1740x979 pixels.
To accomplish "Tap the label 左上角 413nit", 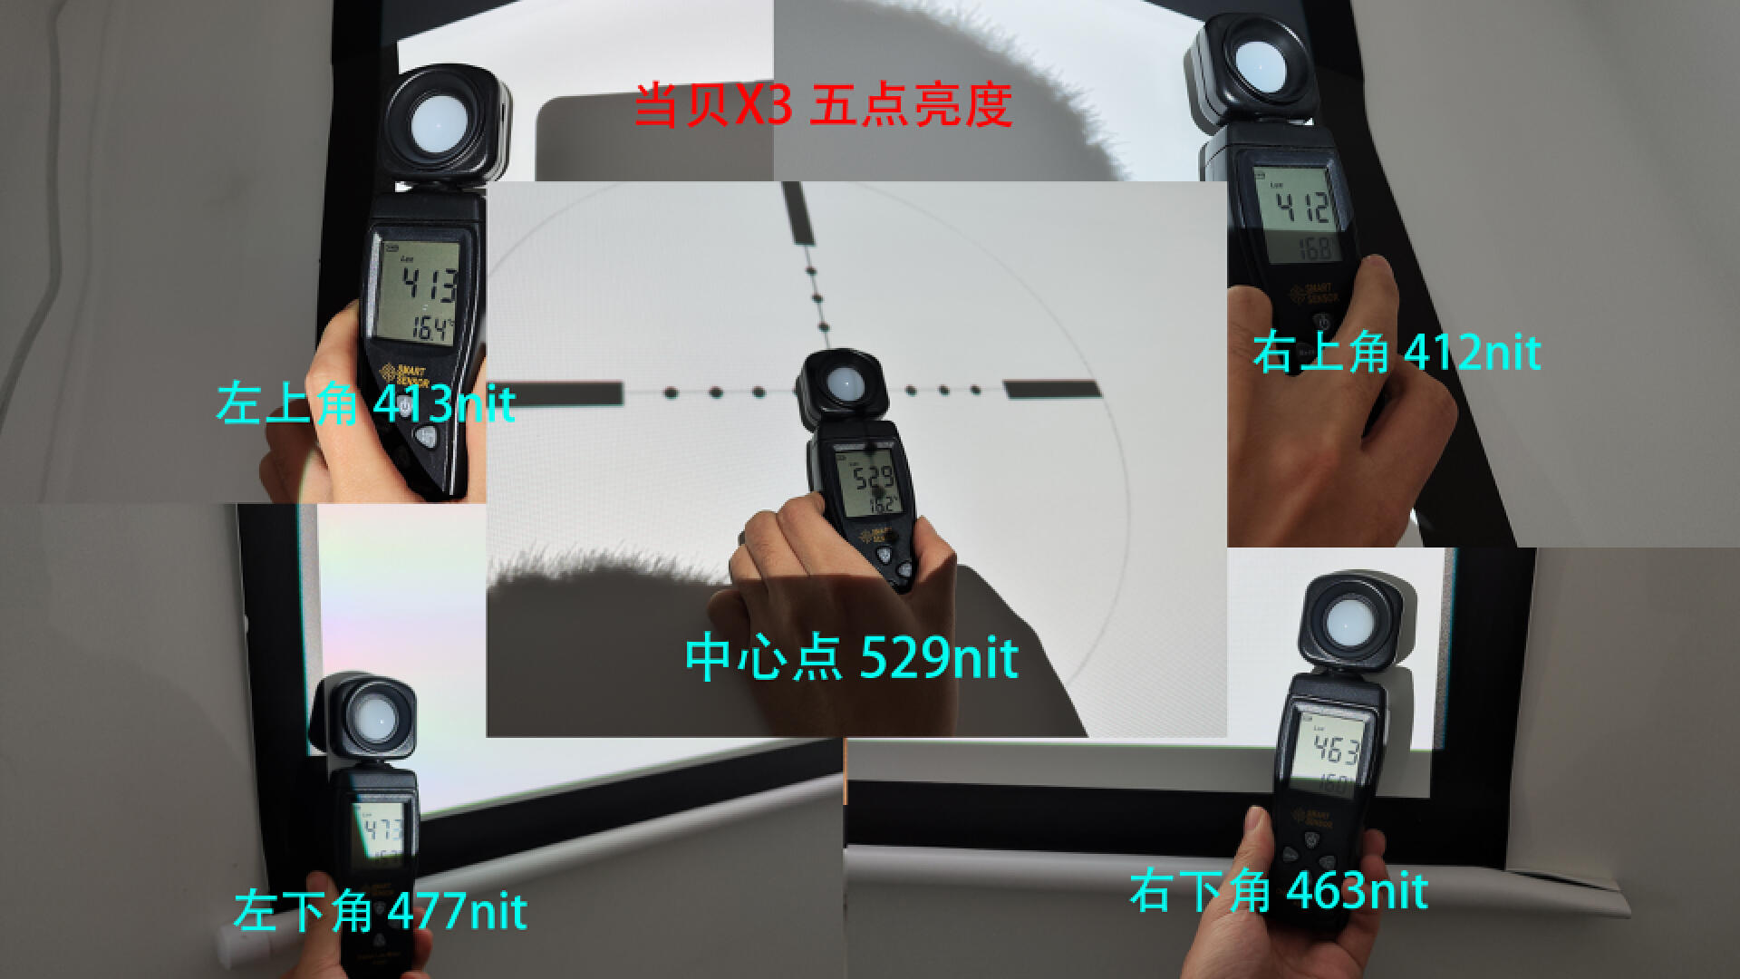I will pyautogui.click(x=366, y=404).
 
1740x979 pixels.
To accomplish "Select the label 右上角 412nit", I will pyautogui.click(x=1397, y=352).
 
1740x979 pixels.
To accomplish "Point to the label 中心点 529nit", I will pyautogui.click(x=851, y=657).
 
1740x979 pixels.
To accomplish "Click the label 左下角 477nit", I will pyautogui.click(x=381, y=910).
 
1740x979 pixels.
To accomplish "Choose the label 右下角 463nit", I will pyautogui.click(x=1278, y=891).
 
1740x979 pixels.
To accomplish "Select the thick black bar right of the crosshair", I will pyautogui.click(x=1051, y=390).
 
